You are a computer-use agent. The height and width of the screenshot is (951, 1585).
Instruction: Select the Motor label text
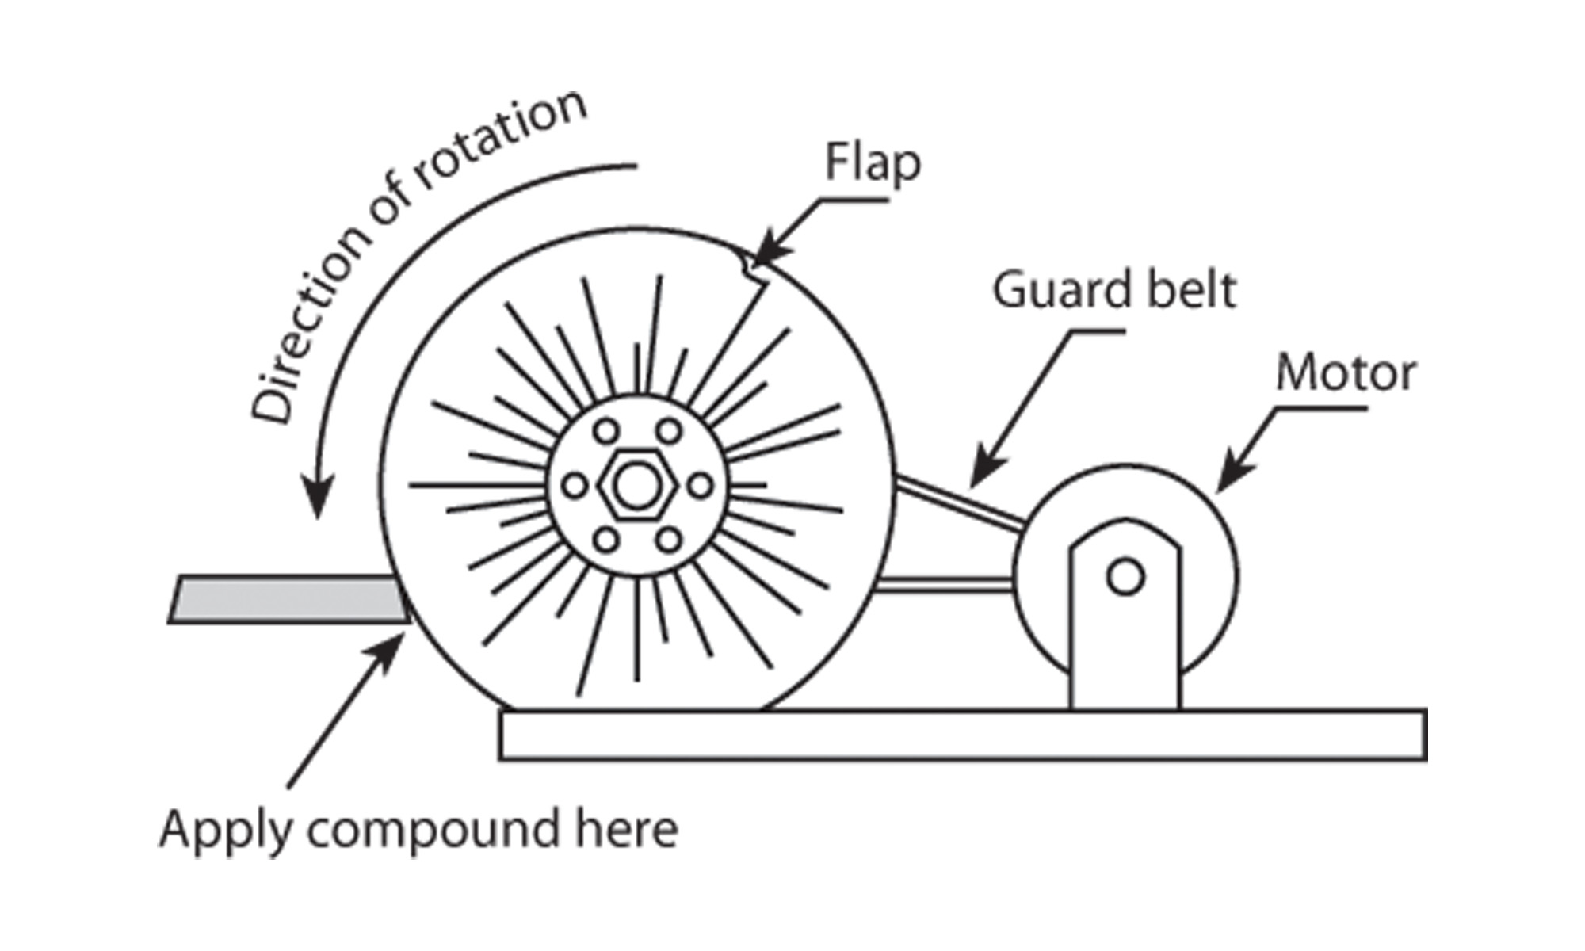1345,373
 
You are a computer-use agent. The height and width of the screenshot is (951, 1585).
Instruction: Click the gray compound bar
285,599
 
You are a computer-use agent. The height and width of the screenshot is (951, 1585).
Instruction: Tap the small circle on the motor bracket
1125,577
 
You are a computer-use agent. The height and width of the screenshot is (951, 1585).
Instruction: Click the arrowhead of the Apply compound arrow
392,646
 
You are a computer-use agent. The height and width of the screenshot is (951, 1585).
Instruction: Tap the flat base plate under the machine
963,735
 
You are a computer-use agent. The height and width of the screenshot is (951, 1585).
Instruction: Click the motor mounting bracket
1125,634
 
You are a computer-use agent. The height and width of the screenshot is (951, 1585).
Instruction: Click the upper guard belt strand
959,502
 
